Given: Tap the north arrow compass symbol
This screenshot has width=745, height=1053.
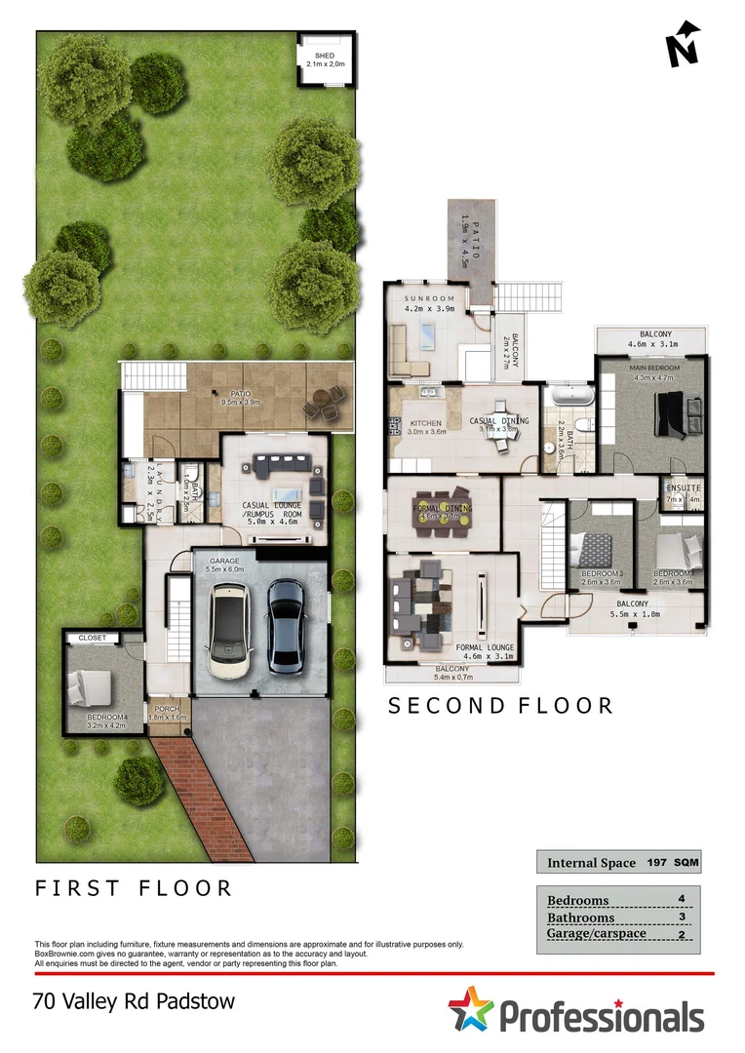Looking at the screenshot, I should tap(685, 45).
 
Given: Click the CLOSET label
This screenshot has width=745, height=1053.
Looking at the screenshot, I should tap(92, 638).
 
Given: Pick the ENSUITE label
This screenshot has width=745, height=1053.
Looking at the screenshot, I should tap(683, 487).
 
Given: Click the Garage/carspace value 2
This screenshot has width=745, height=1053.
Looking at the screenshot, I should tap(681, 934).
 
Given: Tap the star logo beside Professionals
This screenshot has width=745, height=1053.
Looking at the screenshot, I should tap(471, 1009).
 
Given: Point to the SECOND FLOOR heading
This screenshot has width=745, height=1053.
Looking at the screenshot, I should tap(500, 706).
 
